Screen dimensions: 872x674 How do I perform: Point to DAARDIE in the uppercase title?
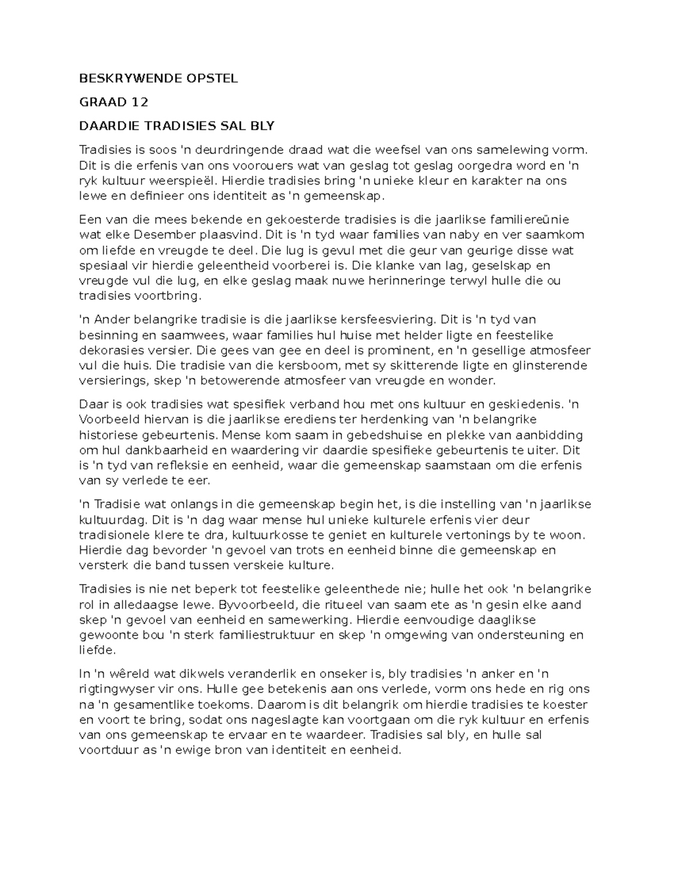coord(103,126)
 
